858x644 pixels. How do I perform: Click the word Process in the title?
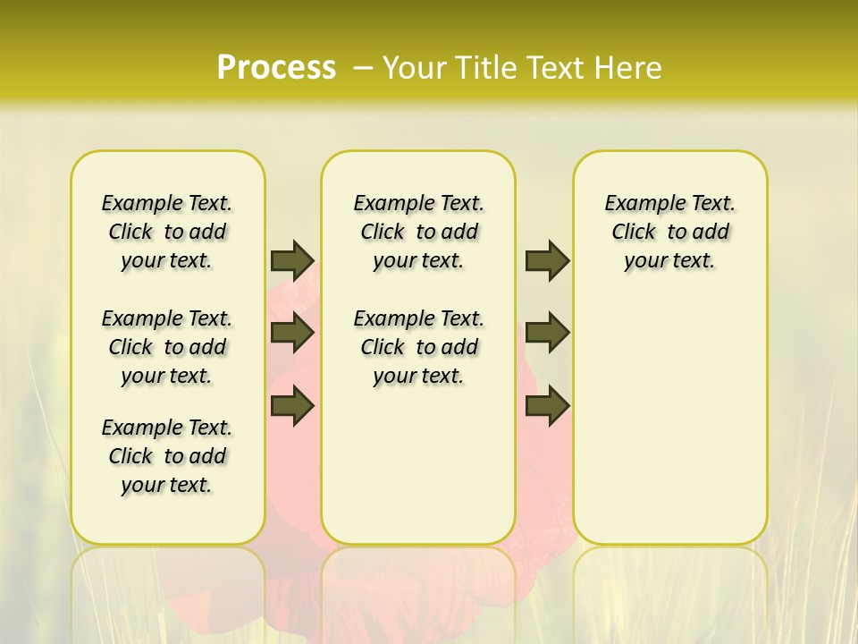click(276, 67)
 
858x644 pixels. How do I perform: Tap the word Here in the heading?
click(630, 67)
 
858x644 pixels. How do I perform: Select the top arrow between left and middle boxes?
click(292, 260)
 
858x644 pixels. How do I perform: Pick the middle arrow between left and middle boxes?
click(292, 333)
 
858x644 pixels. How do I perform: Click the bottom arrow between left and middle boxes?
click(292, 405)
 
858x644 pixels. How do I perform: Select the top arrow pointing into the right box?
click(547, 260)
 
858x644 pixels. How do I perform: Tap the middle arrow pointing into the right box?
click(547, 333)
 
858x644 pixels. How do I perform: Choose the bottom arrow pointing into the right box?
click(547, 405)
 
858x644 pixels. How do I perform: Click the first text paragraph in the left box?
click(167, 232)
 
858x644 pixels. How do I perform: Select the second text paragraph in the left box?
click(167, 347)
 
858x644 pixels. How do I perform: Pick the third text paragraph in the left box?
click(167, 456)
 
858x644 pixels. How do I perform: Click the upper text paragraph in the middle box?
click(418, 232)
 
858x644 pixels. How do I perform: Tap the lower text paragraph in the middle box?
click(418, 347)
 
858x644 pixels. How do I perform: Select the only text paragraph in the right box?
click(669, 232)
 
